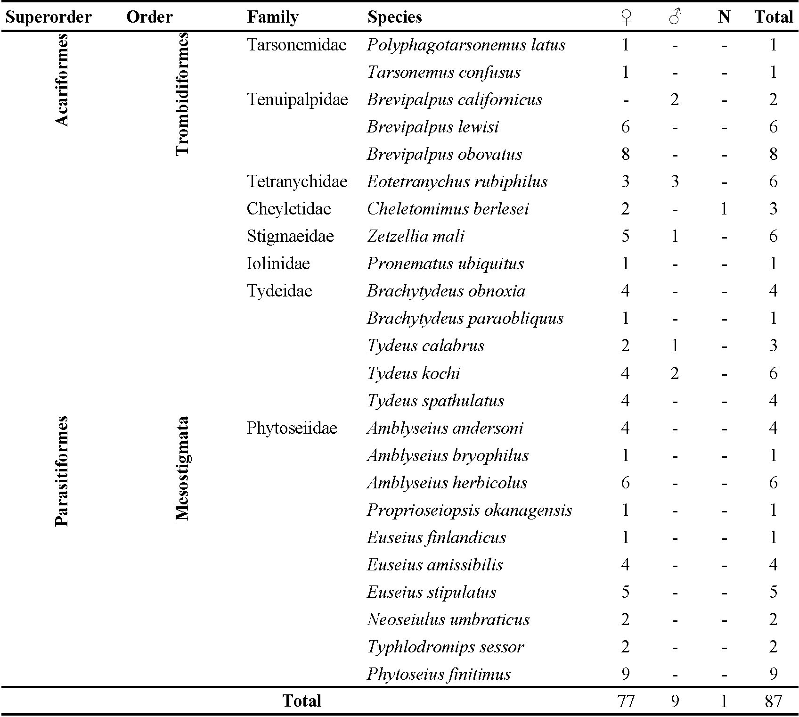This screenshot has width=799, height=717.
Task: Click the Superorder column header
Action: click(49, 17)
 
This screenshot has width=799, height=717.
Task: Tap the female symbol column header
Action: click(626, 17)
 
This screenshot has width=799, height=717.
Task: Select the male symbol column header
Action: click(675, 17)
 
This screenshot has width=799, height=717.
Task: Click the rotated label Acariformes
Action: click(62, 80)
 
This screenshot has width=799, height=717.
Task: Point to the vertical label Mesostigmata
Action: click(182, 469)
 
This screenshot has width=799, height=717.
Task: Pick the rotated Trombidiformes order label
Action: click(182, 94)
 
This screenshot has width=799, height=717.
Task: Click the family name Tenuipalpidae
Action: click(297, 99)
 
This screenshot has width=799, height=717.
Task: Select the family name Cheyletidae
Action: click(289, 209)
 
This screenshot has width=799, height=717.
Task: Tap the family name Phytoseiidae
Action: click(292, 428)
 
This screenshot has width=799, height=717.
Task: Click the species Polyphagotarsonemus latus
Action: click(466, 45)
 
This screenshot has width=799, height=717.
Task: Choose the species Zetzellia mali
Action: click(416, 236)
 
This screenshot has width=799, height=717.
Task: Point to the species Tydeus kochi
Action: click(414, 373)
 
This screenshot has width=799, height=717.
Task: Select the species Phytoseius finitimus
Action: click(439, 674)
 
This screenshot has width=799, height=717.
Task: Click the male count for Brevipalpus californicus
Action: click(675, 99)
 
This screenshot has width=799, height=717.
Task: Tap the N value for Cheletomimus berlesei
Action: click(724, 209)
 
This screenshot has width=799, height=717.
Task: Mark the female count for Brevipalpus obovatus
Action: click(626, 154)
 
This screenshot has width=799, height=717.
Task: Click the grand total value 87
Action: click(773, 701)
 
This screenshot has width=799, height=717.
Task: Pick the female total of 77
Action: click(626, 701)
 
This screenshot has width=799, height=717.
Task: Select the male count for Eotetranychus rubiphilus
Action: click(675, 181)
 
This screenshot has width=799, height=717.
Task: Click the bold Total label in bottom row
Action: click(302, 701)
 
